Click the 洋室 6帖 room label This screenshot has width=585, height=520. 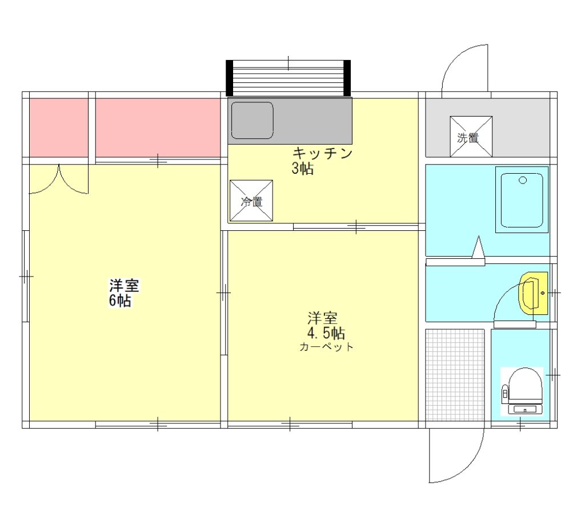point(124,293)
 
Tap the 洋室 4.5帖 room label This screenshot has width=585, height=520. point(326,325)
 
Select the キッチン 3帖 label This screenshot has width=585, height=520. point(322,161)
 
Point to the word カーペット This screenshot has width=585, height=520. point(326,347)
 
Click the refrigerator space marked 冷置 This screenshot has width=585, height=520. point(251,201)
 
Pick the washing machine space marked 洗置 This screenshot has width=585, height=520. point(471,137)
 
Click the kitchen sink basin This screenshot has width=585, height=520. point(252,120)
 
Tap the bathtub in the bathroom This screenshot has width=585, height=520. point(522,199)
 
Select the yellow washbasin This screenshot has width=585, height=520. point(534,293)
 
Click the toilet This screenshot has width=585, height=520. point(522,391)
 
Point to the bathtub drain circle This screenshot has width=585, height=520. point(523,181)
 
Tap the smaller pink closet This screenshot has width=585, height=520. point(59,127)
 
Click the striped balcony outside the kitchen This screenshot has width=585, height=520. point(288,78)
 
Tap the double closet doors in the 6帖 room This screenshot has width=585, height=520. point(59,179)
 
